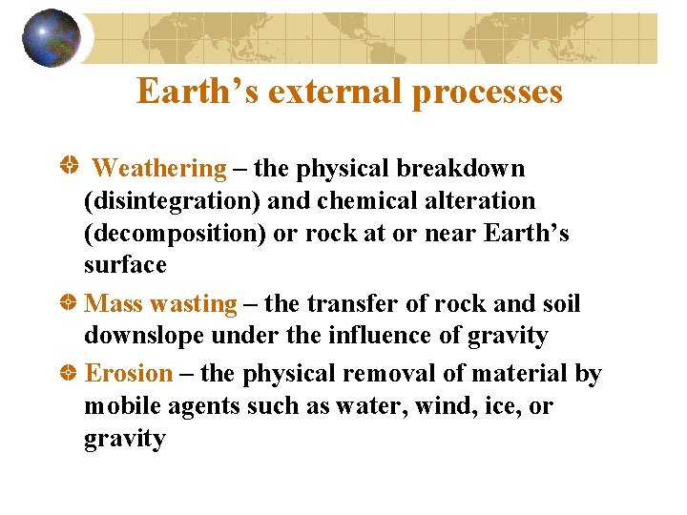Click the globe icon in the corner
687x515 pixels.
tap(52, 38)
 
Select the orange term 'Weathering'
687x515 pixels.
tap(160, 169)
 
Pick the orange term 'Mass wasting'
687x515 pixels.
tap(160, 304)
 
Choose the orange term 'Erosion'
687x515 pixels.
tap(130, 374)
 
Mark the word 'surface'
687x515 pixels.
tap(125, 265)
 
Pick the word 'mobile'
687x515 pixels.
tap(123, 406)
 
